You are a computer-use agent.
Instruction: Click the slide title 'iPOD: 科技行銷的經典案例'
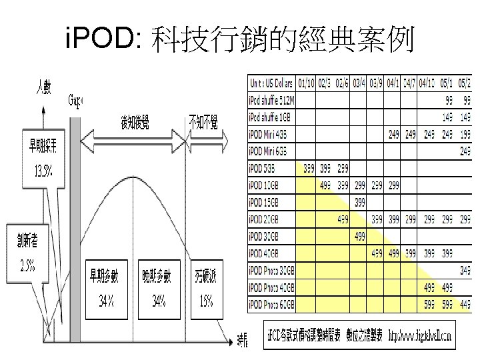point(240,41)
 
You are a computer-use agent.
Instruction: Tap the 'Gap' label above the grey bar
point(75,101)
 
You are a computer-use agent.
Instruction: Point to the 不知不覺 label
point(203,122)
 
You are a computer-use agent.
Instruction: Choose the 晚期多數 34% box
point(157,288)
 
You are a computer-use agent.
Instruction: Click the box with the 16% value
point(205,288)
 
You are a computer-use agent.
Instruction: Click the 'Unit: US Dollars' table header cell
point(272,84)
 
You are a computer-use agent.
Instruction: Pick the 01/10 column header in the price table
point(307,84)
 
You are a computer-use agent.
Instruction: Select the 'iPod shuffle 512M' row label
point(272,100)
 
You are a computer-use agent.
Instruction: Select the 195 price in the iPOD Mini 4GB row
point(465,134)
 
